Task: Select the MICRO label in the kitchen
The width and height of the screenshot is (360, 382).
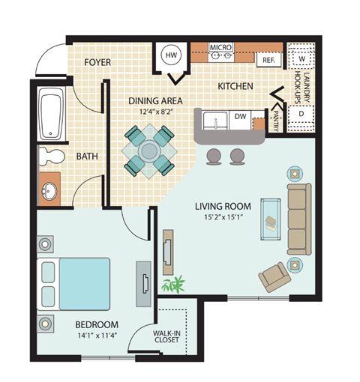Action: pyautogui.click(x=220, y=47)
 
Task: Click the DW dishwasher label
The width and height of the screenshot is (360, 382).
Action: pyautogui.click(x=241, y=116)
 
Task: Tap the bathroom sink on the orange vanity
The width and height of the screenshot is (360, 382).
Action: pyautogui.click(x=50, y=190)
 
